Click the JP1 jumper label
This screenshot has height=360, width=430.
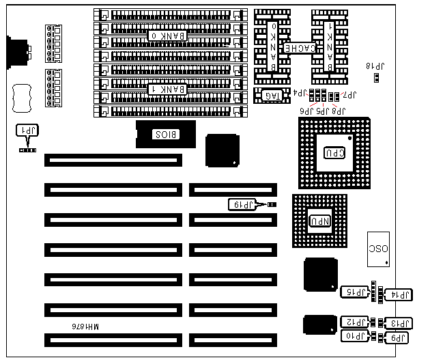click(27, 130)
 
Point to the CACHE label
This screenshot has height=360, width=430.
click(298, 49)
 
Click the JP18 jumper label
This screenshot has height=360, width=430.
click(375, 66)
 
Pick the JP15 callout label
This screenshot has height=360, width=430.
click(355, 292)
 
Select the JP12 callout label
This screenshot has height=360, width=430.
click(355, 322)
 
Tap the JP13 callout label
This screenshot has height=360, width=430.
click(399, 324)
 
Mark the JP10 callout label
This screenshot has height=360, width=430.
click(355, 335)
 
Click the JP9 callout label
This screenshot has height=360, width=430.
click(399, 337)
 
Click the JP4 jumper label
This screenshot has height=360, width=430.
click(300, 93)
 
